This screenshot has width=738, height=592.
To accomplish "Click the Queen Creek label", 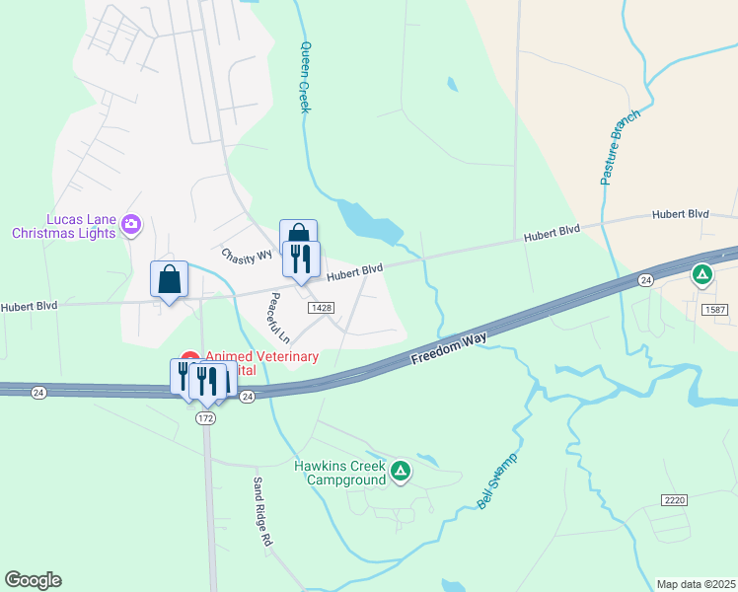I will pos(305,77).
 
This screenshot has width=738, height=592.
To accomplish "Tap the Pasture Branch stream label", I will pos(621,147).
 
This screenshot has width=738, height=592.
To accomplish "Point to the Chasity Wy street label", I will pos(247,256).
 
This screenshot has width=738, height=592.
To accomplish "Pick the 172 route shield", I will pos(205,418).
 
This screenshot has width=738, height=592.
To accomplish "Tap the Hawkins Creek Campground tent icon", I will pos(400,472).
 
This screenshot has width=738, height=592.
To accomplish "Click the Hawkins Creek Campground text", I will pos(338,473).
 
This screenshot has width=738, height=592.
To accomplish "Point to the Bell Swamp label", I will pos(497,482).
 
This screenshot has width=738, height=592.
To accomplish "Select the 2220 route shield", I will pos(675,501).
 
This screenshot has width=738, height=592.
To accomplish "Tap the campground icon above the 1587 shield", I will pos(701,274).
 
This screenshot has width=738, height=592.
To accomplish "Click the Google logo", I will pos(33,579).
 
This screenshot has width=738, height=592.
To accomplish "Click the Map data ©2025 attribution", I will pos(696,584).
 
